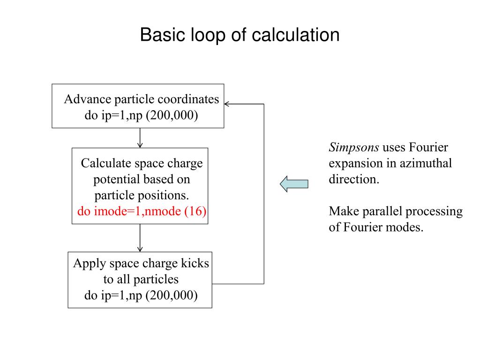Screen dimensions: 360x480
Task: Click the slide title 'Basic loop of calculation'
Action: pos(240,36)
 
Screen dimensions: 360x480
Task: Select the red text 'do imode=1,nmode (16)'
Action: pos(142,211)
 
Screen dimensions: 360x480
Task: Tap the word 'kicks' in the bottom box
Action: pos(196,263)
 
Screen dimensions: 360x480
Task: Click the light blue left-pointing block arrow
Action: pos(294,183)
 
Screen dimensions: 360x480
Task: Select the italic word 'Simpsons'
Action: pos(354,148)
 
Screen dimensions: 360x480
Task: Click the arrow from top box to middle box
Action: pos(140,138)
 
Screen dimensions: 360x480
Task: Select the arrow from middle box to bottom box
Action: pos(140,238)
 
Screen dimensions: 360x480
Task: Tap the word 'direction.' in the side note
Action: pos(354,180)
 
